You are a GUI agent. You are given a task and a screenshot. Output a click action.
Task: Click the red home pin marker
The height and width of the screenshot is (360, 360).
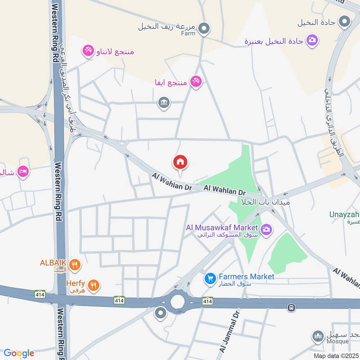coord(180,162)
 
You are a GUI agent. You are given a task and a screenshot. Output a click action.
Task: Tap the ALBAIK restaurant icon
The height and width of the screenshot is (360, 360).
coord(75,265)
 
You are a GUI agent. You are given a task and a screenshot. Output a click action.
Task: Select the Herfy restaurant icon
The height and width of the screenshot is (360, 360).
coord(94,284)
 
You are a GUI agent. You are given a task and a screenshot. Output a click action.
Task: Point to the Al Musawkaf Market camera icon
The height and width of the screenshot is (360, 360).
coord(266,230)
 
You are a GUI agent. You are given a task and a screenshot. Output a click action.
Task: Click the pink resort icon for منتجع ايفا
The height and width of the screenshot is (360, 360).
coord(196,81)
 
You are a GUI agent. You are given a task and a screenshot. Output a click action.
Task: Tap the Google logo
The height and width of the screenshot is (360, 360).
coord(19,353)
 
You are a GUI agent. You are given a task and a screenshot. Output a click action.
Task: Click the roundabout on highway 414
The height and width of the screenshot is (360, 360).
coord(177,301)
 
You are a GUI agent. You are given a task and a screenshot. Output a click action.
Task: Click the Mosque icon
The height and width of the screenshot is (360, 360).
coord(318,336)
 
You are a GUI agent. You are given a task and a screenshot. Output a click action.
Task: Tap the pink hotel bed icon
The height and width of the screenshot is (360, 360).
coord(24,171)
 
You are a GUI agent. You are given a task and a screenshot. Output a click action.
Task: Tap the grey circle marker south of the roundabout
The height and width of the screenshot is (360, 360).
coord(160,313)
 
